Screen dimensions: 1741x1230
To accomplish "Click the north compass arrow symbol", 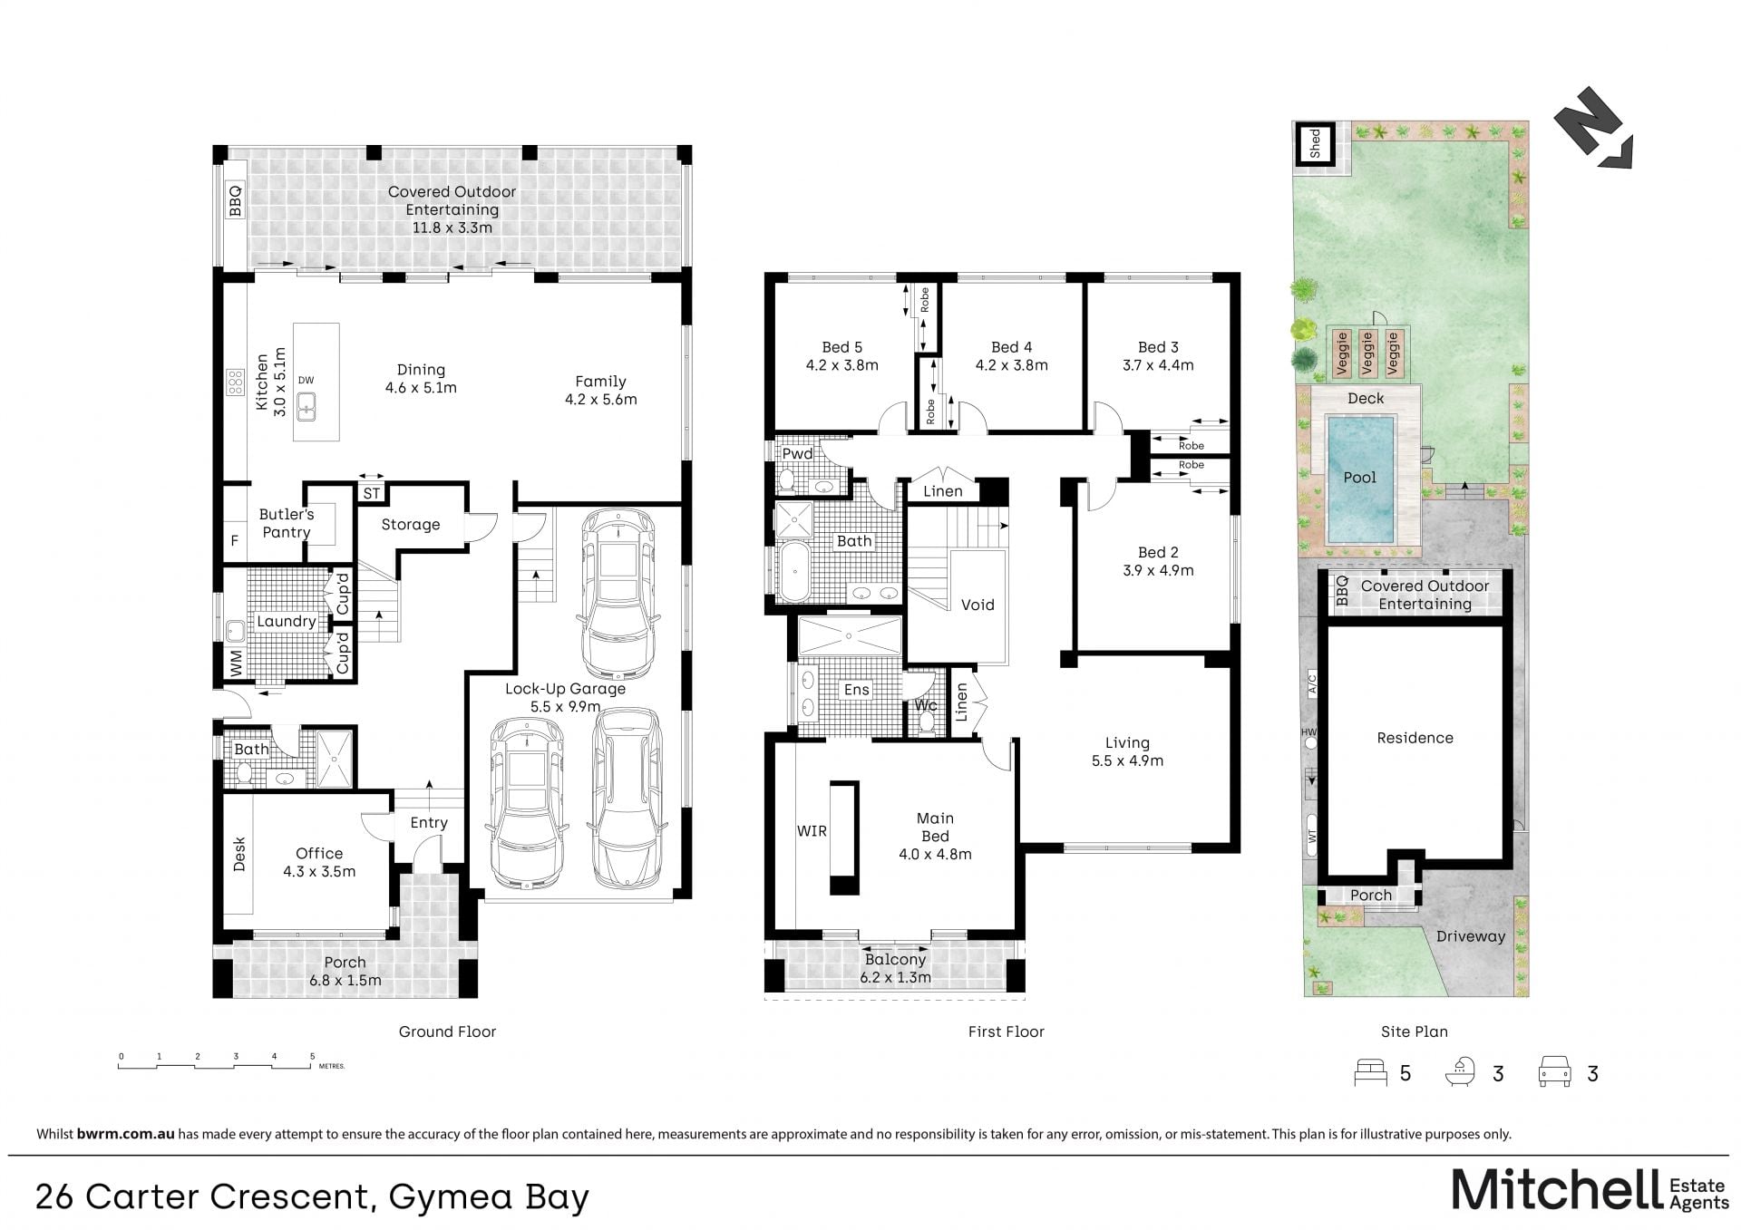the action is click(x=1594, y=129).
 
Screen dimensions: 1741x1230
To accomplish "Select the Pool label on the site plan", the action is click(x=1359, y=478).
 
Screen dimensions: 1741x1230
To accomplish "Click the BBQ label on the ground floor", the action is click(x=236, y=200).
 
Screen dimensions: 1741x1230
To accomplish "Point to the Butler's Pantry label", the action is click(x=287, y=523).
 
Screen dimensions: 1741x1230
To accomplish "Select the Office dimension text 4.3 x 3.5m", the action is click(x=319, y=872).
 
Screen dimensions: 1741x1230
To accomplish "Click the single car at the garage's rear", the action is click(x=617, y=594).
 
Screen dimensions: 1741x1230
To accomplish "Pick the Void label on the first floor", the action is click(x=977, y=605).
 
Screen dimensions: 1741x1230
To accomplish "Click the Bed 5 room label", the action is click(x=842, y=347).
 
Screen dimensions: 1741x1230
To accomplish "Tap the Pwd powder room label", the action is click(x=798, y=453).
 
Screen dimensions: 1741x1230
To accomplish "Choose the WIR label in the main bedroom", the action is click(x=812, y=830).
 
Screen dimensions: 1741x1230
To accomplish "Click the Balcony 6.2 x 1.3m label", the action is click(x=895, y=968).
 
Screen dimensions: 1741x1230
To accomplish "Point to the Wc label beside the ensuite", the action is click(x=926, y=705).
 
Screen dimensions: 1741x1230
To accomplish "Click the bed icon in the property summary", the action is click(x=1371, y=1072).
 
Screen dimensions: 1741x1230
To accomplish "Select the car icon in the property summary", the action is click(x=1555, y=1072).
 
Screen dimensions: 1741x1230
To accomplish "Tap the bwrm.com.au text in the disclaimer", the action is click(x=125, y=1134).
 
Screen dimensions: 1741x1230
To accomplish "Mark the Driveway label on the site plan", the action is click(x=1471, y=936).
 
